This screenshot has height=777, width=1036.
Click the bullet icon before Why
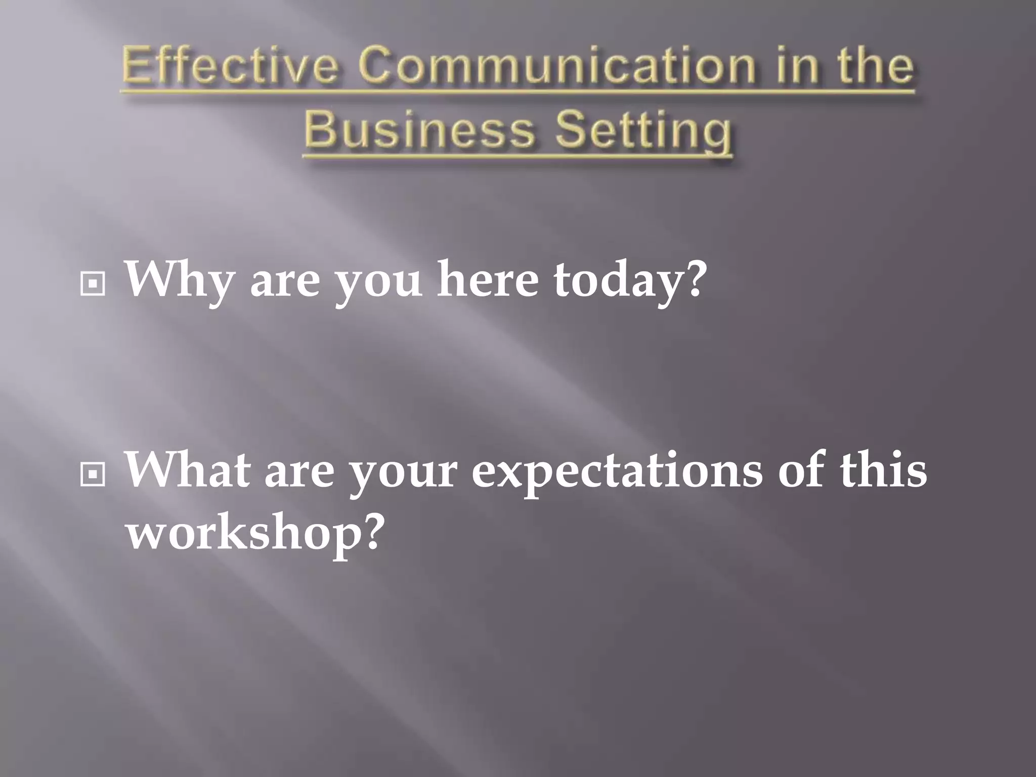(93, 285)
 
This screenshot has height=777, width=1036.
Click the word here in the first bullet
(488, 280)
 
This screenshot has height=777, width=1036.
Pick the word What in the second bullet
(187, 470)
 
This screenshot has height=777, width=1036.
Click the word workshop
(243, 534)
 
